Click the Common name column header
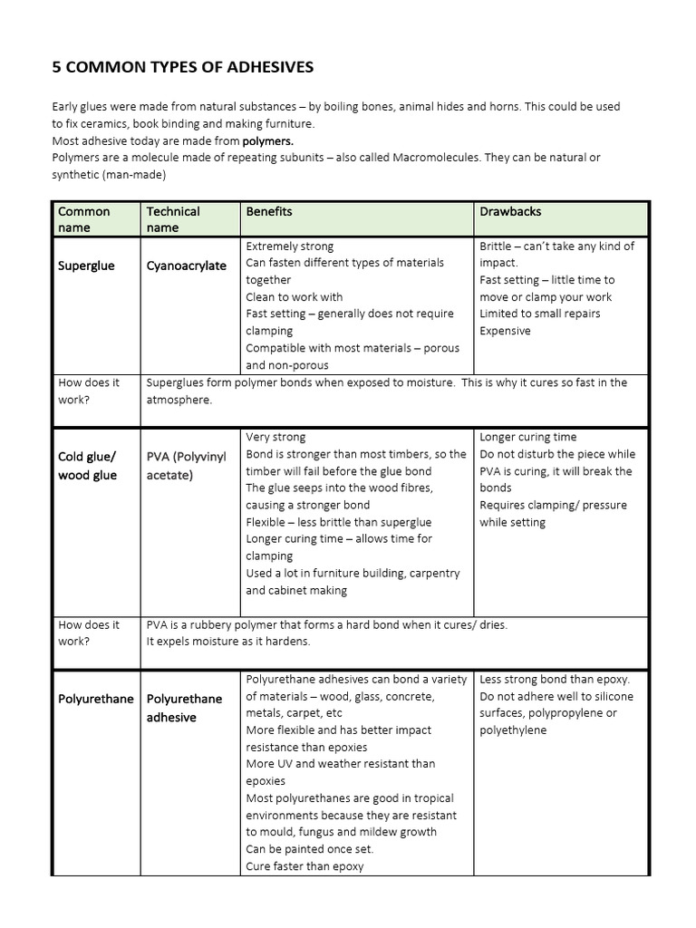tap(83, 219)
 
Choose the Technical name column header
tap(172, 219)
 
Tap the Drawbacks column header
tap(510, 211)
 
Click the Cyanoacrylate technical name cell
tap(187, 266)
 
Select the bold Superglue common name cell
tap(86, 266)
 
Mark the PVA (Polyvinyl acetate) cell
tap(187, 465)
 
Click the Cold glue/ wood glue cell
tap(88, 466)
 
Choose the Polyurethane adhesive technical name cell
tap(184, 708)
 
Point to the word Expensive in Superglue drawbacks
tap(505, 331)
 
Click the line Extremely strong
tap(289, 246)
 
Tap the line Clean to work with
tap(294, 297)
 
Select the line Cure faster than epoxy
tap(304, 866)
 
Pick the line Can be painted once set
tap(309, 849)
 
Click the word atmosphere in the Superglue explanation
tap(178, 400)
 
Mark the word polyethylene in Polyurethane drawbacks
tap(513, 730)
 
